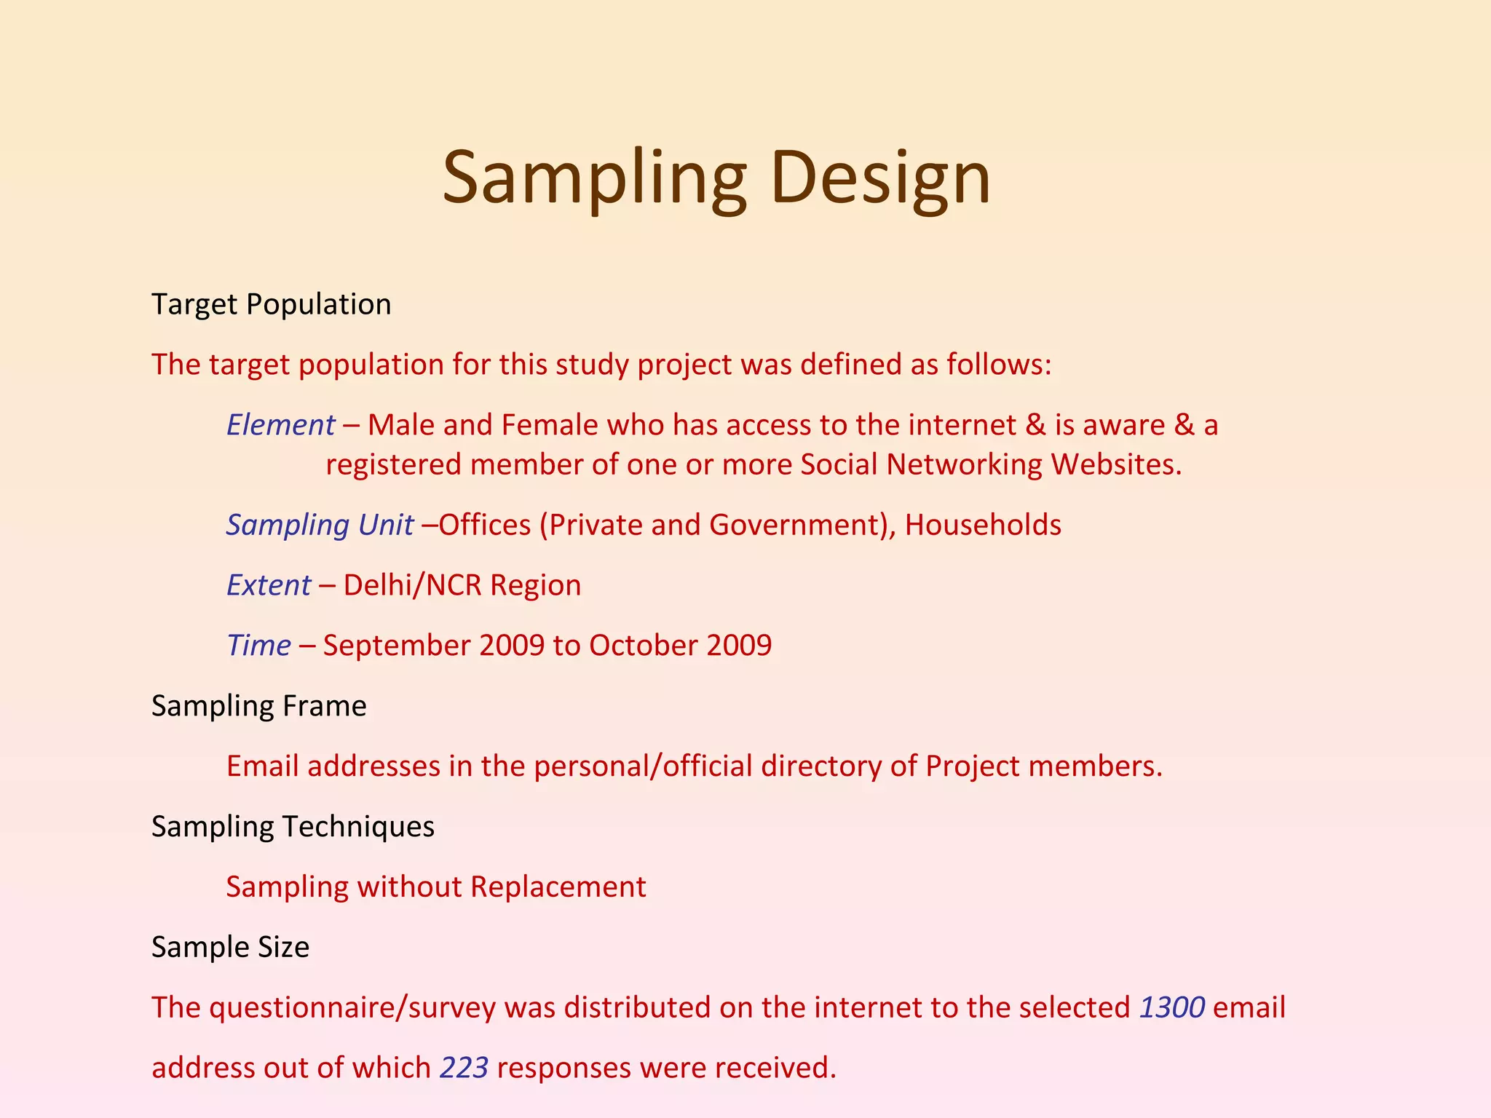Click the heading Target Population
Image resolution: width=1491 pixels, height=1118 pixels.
pyautogui.click(x=271, y=304)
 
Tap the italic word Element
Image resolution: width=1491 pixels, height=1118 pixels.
pyautogui.click(x=280, y=425)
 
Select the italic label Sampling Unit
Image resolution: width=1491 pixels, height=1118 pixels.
pyautogui.click(x=320, y=525)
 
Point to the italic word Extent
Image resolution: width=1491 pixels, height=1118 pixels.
pyautogui.click(x=268, y=585)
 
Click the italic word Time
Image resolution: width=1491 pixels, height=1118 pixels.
pyautogui.click(x=258, y=646)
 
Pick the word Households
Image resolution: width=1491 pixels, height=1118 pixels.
pyautogui.click(x=982, y=525)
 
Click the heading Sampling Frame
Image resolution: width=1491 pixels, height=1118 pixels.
pyautogui.click(x=258, y=706)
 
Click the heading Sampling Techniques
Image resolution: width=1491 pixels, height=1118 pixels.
pyautogui.click(x=293, y=827)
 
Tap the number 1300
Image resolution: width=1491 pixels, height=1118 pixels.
pyautogui.click(x=1171, y=1008)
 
